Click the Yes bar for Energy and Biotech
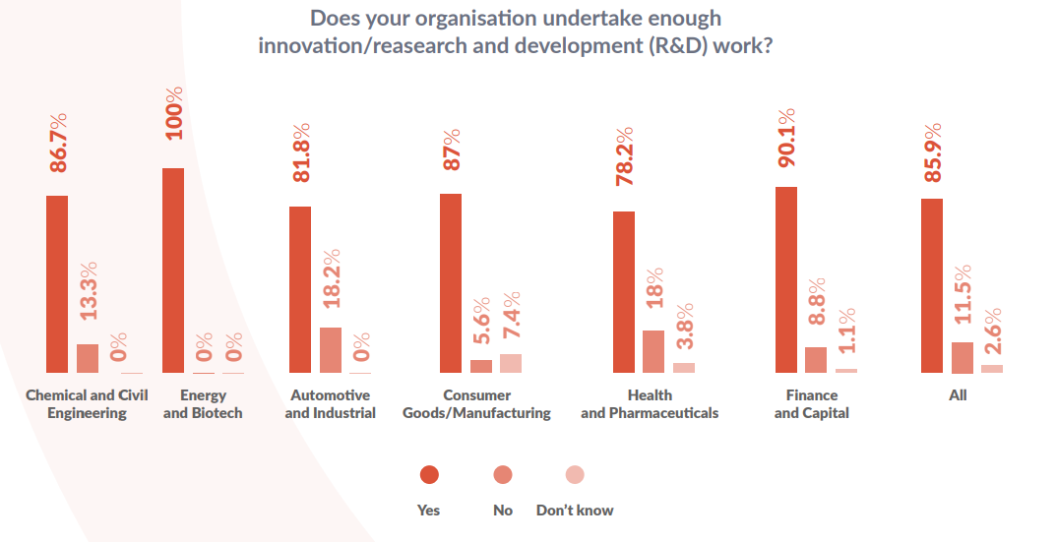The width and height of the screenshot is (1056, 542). tap(172, 271)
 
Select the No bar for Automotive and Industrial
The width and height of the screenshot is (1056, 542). tap(331, 350)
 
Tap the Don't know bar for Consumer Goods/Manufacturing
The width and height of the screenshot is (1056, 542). tap(511, 363)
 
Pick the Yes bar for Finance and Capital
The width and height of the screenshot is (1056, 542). tap(786, 279)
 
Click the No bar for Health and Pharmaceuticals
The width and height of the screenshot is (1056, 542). tap(653, 351)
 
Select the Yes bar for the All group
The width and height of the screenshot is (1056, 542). tap(931, 285)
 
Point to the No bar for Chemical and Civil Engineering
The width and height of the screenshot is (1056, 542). tap(88, 358)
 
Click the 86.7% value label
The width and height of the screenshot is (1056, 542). tap(58, 143)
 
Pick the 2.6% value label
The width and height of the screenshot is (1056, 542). tap(993, 334)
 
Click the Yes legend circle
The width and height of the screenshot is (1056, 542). tap(429, 475)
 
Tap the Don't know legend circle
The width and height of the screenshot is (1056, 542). tap(575, 475)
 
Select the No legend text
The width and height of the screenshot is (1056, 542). tap(503, 510)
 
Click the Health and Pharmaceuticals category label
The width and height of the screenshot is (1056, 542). tap(650, 404)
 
